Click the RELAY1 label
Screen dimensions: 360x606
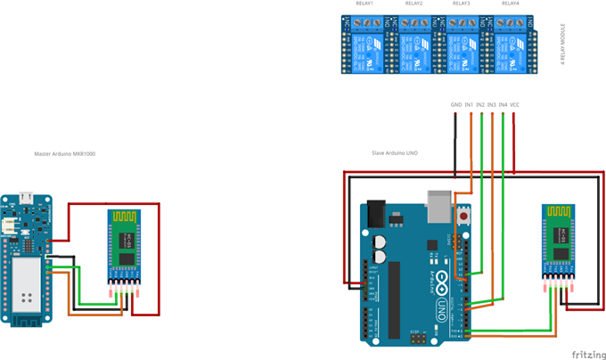364,4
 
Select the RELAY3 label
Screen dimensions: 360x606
461,4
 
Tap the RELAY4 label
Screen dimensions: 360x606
509,4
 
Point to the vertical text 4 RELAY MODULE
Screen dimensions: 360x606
563,45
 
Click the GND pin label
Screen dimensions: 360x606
456,105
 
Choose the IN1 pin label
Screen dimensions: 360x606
469,105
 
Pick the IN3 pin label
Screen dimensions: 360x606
492,105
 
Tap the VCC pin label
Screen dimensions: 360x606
515,105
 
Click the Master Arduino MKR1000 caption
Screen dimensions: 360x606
65,154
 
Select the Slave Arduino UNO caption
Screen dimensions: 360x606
395,153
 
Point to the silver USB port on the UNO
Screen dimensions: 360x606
439,204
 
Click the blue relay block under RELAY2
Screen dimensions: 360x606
414,46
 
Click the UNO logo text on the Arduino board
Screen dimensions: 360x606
441,307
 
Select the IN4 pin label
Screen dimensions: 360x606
504,105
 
